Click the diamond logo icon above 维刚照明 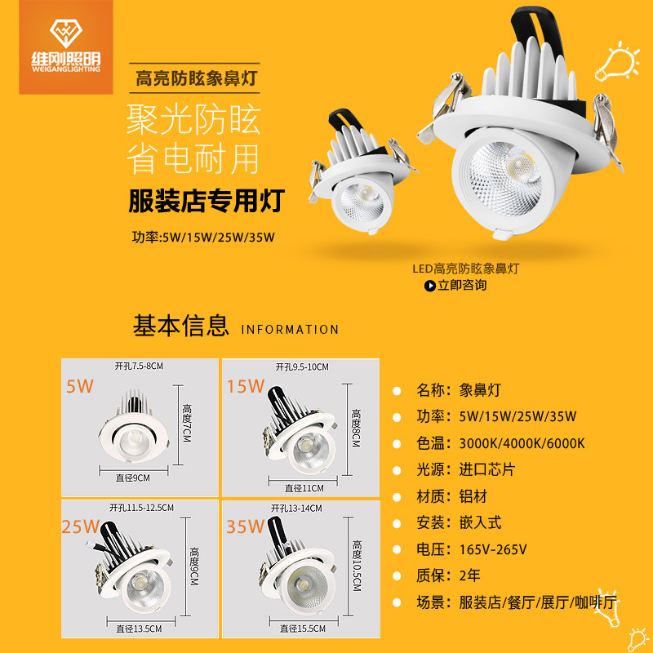[x=66, y=33]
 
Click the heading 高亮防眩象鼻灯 [x=196, y=78]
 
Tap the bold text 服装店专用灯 [x=207, y=201]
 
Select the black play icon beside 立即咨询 [x=430, y=286]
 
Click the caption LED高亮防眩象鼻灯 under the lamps [x=465, y=269]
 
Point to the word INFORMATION [x=290, y=330]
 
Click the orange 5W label [x=80, y=386]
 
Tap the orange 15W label [x=246, y=386]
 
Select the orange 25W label [x=80, y=526]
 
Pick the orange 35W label [x=246, y=526]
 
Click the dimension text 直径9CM [x=133, y=478]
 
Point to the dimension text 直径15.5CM [x=303, y=629]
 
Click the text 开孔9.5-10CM [x=302, y=366]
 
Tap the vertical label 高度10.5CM [x=357, y=566]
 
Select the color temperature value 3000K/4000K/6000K [x=522, y=443]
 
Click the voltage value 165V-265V [x=493, y=549]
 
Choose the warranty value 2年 [x=470, y=575]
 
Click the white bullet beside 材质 [x=397, y=497]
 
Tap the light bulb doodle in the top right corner [x=617, y=62]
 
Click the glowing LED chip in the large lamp [x=520, y=165]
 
